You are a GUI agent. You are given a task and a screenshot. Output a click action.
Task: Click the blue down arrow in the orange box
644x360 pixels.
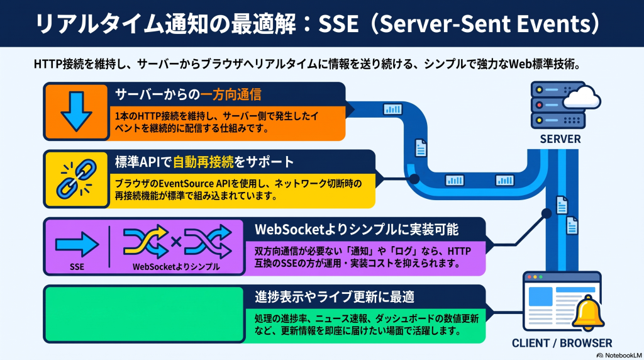pyautogui.click(x=76, y=111)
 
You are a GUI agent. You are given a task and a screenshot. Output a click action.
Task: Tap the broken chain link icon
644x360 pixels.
pyautogui.click(x=76, y=179)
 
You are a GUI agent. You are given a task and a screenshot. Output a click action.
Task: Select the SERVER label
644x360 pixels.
pyautogui.click(x=560, y=139)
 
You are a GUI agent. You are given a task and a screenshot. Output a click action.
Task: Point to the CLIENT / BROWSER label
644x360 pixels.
pyautogui.click(x=562, y=343)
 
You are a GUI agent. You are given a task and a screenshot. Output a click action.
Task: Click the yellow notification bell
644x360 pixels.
pyautogui.click(x=588, y=313)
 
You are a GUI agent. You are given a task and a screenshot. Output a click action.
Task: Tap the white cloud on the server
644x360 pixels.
pyautogui.click(x=582, y=97)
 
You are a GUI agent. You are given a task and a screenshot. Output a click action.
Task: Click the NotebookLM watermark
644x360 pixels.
pyautogui.click(x=619, y=355)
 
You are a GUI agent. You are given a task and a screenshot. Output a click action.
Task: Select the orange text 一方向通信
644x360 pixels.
pyautogui.click(x=231, y=94)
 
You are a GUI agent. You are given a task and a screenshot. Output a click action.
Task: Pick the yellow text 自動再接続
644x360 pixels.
pyautogui.click(x=203, y=162)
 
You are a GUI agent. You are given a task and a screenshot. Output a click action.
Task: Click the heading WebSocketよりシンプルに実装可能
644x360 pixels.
pyautogui.click(x=357, y=229)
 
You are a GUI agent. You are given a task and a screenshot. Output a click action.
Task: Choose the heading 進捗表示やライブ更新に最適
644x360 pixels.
pyautogui.click(x=335, y=296)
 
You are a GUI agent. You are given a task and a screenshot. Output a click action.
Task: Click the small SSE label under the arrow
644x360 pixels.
pyautogui.click(x=77, y=267)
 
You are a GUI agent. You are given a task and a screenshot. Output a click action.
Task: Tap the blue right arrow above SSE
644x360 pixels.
pyautogui.click(x=77, y=244)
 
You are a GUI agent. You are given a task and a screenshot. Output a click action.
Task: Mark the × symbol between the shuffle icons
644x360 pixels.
pyautogui.click(x=176, y=241)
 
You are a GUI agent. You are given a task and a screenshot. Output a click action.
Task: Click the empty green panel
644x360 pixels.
pyautogui.click(x=144, y=315)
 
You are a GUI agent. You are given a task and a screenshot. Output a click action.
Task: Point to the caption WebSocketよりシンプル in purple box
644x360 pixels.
pyautogui.click(x=176, y=267)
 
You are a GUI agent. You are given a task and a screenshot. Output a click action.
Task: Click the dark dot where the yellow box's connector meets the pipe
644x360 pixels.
pyautogui.click(x=414, y=179)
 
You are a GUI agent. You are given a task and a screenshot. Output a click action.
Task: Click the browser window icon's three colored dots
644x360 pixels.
pyautogui.click(x=535, y=277)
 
